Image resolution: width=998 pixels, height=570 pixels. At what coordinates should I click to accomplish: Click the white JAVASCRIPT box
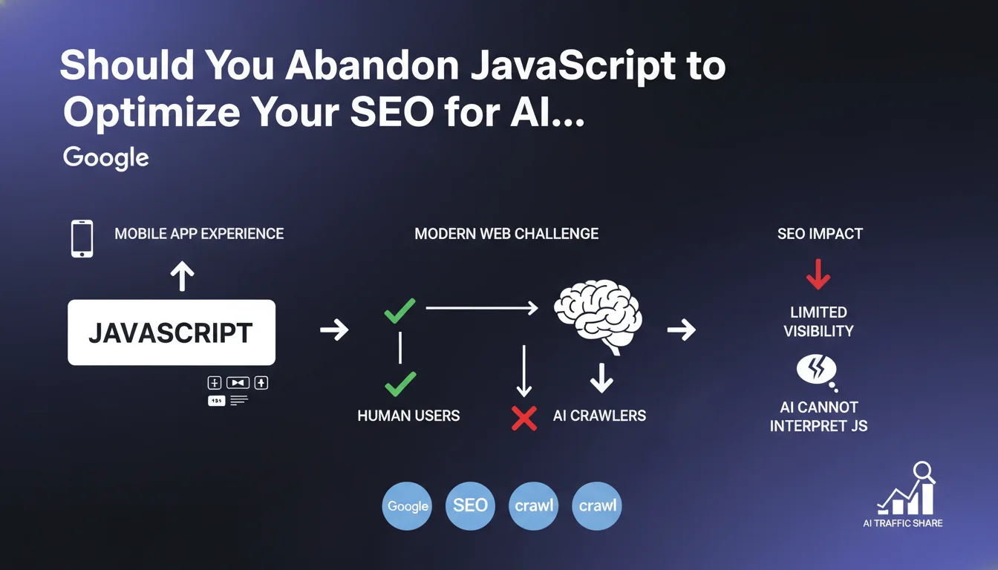(x=172, y=332)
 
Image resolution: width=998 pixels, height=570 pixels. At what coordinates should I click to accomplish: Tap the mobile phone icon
(x=82, y=239)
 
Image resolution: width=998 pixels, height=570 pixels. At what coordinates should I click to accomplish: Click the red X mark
(x=524, y=418)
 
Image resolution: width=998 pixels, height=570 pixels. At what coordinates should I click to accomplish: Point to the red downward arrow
(x=818, y=275)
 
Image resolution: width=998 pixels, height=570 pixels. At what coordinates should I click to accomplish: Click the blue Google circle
(x=407, y=506)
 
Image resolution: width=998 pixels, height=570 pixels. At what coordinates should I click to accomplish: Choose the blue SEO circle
(x=470, y=506)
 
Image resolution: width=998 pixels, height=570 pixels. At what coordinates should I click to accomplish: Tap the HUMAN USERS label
(x=408, y=416)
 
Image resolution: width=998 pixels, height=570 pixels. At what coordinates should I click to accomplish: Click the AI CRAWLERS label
(x=599, y=416)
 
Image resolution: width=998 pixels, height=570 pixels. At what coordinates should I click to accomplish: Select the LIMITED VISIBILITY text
(x=818, y=321)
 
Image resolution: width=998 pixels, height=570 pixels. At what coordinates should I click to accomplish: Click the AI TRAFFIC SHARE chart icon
(x=906, y=489)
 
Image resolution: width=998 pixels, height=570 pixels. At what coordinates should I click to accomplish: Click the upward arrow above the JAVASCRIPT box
(x=182, y=276)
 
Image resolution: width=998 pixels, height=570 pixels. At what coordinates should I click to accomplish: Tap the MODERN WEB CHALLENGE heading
(x=506, y=234)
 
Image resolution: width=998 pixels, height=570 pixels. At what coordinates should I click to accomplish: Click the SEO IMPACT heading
(x=821, y=234)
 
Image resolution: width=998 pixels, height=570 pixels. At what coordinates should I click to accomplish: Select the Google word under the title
(x=106, y=157)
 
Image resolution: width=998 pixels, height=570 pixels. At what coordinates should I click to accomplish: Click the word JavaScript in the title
(x=573, y=67)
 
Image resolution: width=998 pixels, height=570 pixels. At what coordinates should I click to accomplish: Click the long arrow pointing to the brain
(x=482, y=308)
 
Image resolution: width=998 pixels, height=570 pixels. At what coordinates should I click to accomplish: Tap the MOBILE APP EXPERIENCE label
(x=199, y=234)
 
